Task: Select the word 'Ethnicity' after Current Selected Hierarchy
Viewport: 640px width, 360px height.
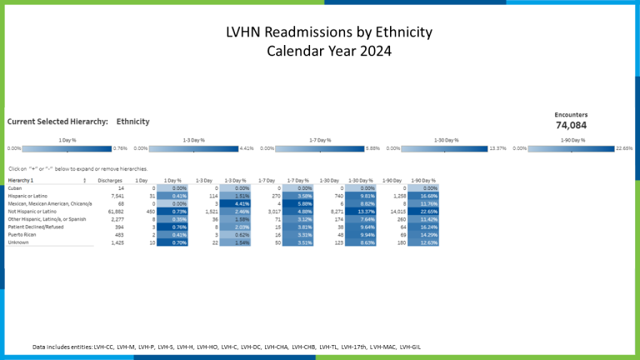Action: (132, 122)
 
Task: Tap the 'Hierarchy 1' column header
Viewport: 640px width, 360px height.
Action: (22, 180)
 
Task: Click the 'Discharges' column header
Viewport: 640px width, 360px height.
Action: (109, 180)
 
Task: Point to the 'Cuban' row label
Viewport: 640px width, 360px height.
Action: (14, 188)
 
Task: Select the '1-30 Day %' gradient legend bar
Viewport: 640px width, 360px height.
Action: (447, 148)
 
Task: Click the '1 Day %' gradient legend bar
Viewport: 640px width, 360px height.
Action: (68, 148)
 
